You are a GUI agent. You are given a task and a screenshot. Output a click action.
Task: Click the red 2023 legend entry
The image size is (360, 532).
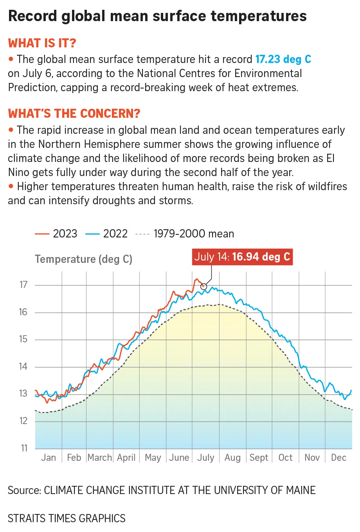click(x=56, y=234)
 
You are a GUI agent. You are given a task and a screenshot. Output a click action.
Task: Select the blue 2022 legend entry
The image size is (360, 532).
click(x=106, y=234)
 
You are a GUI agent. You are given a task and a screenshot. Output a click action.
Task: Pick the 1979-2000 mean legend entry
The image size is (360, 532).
click(x=185, y=234)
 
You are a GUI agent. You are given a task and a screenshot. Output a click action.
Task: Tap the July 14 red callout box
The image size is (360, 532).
click(x=242, y=257)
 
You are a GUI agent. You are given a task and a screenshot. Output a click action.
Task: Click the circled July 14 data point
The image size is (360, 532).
click(x=203, y=286)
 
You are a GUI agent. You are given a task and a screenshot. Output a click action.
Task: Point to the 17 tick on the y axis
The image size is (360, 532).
click(x=23, y=285)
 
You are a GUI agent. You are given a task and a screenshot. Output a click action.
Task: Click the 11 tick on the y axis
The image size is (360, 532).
click(x=24, y=448)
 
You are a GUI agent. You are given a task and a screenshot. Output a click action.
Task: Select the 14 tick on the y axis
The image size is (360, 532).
click(x=23, y=367)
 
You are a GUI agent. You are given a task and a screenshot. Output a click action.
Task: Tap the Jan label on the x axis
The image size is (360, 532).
click(x=49, y=458)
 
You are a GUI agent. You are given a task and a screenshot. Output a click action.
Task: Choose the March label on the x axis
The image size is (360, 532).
click(x=100, y=458)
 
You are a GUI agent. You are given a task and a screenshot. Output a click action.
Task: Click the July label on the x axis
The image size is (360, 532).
click(x=206, y=458)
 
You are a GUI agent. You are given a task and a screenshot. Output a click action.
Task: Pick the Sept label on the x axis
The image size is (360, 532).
click(x=259, y=458)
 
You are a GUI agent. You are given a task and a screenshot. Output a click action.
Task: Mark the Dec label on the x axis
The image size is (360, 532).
click(x=338, y=458)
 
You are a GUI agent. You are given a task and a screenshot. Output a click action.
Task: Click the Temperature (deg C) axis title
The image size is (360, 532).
click(x=83, y=259)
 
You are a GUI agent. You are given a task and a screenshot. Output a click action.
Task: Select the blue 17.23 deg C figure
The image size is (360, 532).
click(x=283, y=59)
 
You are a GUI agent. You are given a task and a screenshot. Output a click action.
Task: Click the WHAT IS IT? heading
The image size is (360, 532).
click(x=42, y=43)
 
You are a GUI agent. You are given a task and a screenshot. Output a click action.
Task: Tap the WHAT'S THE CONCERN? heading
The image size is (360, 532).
click(x=74, y=113)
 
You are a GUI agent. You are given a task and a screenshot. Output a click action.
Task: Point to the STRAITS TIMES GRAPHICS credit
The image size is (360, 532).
click(x=67, y=518)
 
